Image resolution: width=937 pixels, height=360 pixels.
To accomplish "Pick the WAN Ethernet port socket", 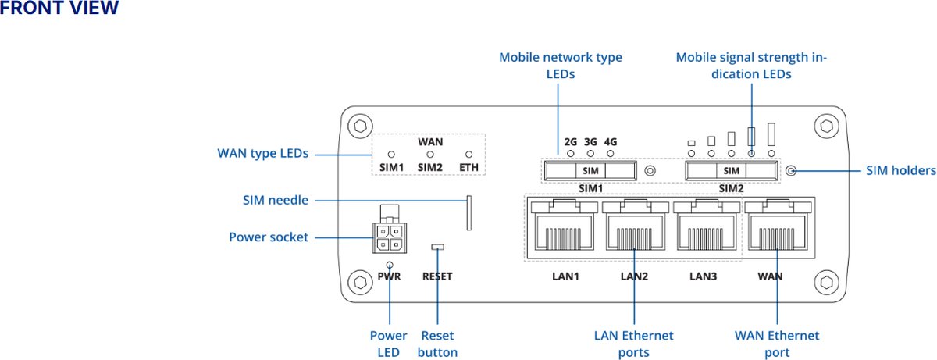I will coord(778,228).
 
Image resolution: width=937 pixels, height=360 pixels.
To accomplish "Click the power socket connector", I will coord(390,237).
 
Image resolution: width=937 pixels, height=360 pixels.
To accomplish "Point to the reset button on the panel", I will coord(437,248).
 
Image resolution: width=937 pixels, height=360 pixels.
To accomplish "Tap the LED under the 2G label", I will coord(570,154).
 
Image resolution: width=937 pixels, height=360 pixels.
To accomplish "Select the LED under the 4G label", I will coord(611,154).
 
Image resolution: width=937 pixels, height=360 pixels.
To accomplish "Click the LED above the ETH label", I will coord(469,155).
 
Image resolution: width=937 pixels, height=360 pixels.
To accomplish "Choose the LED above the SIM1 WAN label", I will coord(392,155).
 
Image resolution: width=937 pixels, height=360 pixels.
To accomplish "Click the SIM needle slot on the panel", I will coord(469,213).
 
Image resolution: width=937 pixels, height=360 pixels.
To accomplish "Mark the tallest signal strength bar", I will coord(771,134).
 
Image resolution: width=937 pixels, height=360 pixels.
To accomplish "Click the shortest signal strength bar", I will coord(691,143).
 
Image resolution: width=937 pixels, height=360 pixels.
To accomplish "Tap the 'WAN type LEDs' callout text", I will coord(262,154).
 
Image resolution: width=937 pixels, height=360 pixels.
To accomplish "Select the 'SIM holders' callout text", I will coord(901,170).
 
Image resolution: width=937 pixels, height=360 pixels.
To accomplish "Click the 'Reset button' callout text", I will coord(437,344).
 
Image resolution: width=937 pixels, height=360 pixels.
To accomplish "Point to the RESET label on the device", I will coord(437,276).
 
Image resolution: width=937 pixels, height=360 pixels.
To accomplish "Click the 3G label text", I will coord(590,142).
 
